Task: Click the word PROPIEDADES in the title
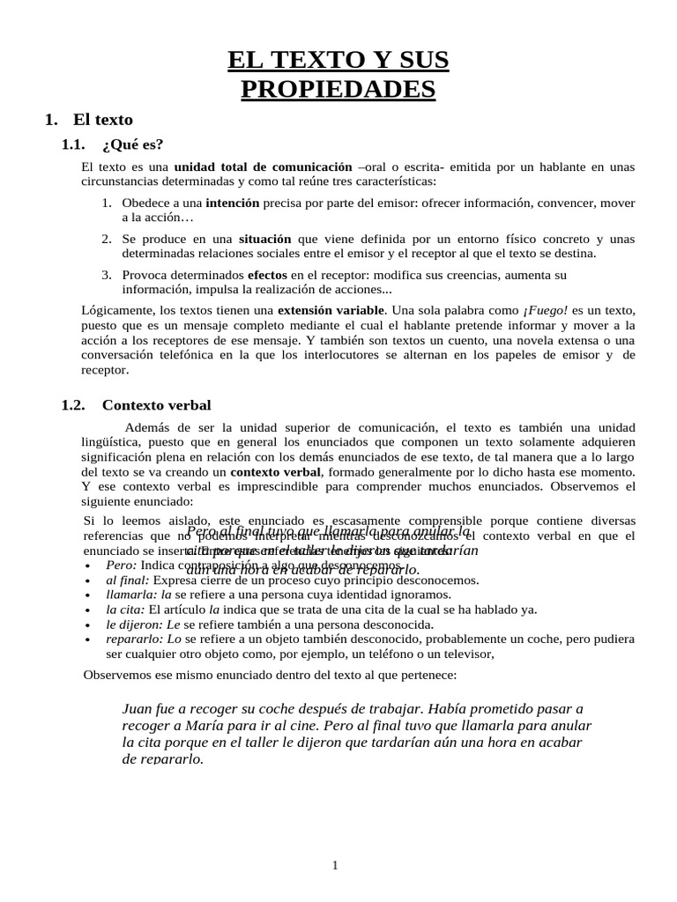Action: pyautogui.click(x=338, y=89)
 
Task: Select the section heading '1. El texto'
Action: pyautogui.click(x=89, y=120)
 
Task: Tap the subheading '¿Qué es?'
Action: pyautogui.click(x=132, y=144)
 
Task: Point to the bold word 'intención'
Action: pyautogui.click(x=232, y=203)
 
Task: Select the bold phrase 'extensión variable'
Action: pyautogui.click(x=331, y=310)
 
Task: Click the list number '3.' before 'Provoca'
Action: pyautogui.click(x=106, y=275)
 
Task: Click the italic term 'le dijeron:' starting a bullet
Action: pyautogui.click(x=137, y=623)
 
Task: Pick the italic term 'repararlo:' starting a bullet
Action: pyautogui.click(x=135, y=637)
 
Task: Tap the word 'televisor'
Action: pyautogui.click(x=458, y=654)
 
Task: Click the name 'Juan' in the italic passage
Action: pyautogui.click(x=135, y=709)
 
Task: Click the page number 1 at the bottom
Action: pyautogui.click(x=335, y=866)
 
